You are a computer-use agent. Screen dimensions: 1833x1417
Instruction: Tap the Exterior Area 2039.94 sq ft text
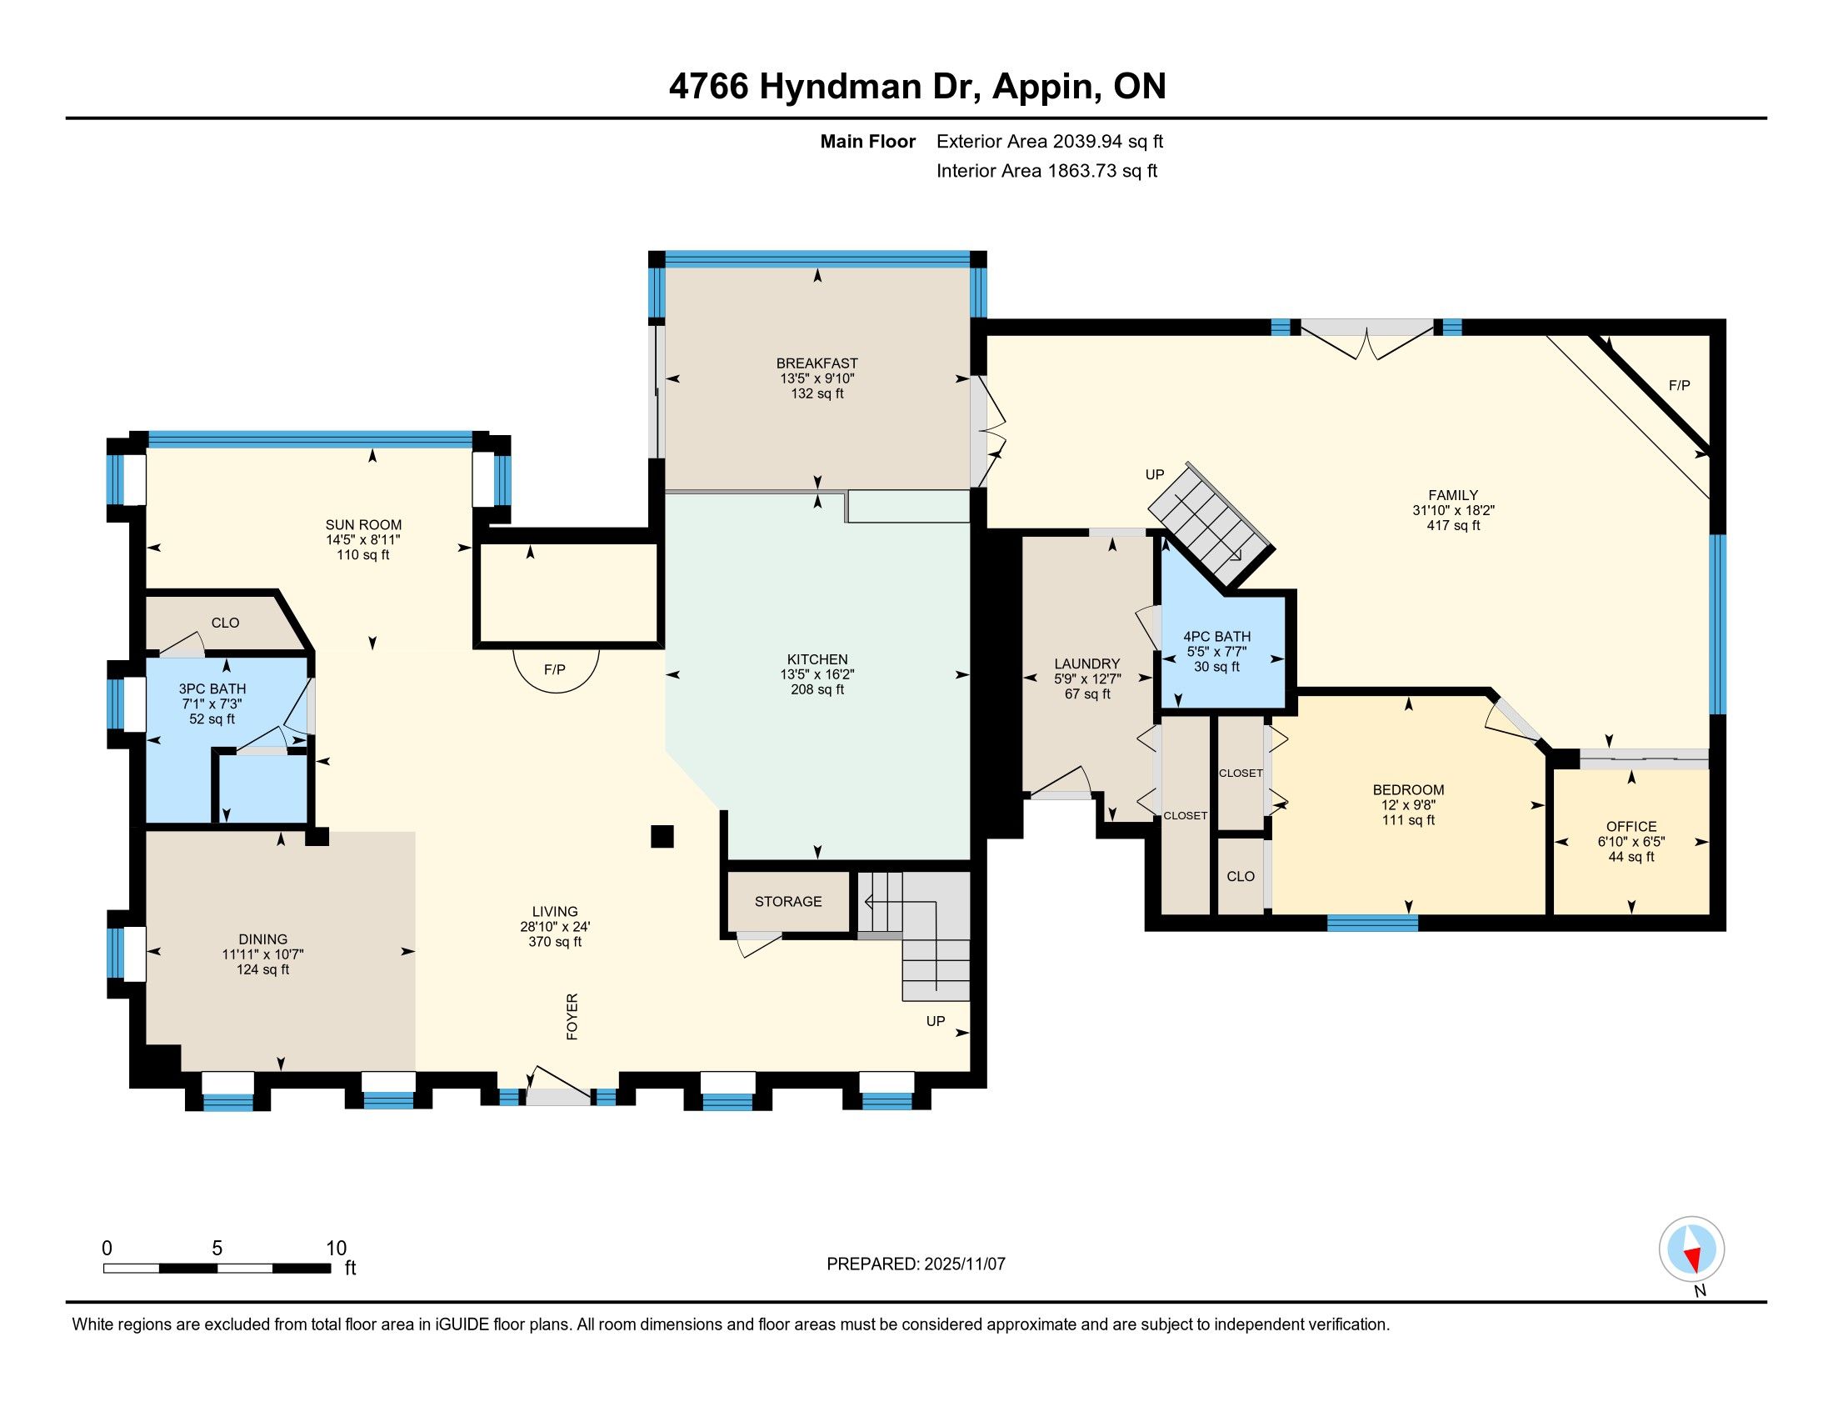[x=1050, y=142]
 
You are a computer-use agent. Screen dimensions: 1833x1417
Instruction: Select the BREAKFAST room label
[x=817, y=363]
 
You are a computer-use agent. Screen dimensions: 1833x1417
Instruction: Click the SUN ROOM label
[x=363, y=524]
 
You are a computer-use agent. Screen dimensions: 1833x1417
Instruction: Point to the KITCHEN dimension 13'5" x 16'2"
[x=817, y=674]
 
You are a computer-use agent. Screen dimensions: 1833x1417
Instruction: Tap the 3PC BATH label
[x=212, y=688]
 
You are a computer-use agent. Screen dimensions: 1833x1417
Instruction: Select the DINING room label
[x=262, y=939]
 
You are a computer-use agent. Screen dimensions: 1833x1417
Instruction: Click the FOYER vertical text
[x=572, y=1017]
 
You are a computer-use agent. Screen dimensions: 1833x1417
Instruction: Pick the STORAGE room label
[x=788, y=902]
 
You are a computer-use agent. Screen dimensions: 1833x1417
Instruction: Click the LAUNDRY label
[x=1086, y=663]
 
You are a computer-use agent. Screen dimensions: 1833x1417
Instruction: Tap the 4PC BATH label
[x=1217, y=636]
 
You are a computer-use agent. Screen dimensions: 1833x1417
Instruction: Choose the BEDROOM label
[x=1408, y=790]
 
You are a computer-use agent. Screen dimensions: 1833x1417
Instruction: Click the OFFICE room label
[x=1631, y=827]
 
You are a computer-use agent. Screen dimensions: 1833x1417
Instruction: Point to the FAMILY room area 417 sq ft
[x=1454, y=525]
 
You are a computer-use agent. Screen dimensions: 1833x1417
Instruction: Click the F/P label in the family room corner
[x=1680, y=385]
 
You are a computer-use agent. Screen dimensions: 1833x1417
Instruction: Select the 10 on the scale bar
[x=337, y=1248]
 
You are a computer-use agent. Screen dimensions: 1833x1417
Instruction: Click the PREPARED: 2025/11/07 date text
[x=916, y=1264]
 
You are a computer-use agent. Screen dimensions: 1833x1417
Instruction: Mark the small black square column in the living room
[x=662, y=837]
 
